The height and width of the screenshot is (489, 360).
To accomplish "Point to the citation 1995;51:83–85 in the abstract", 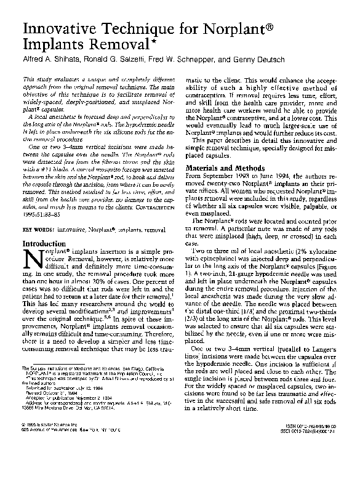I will point(48,216).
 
